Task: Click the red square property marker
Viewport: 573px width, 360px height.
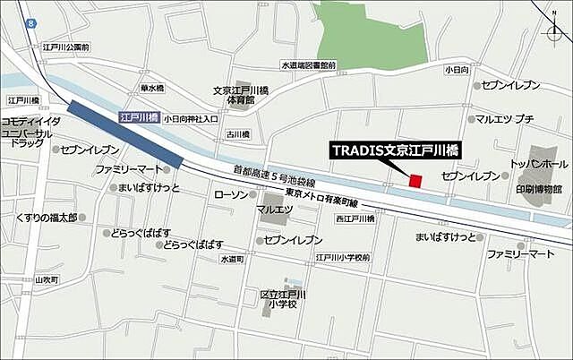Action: point(415,181)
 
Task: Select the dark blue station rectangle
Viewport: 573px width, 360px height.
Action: point(125,133)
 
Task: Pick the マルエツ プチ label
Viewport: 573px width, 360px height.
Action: point(505,118)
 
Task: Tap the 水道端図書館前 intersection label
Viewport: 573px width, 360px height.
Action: point(308,64)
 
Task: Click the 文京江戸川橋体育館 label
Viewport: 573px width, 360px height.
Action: point(234,95)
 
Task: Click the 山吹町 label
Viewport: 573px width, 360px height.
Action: point(46,279)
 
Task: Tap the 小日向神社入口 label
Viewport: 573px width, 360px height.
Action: point(191,117)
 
